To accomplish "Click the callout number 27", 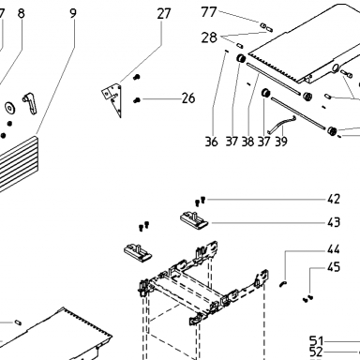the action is (x=164, y=13).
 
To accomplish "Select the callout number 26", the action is (x=188, y=98).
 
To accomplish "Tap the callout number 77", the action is (x=209, y=12).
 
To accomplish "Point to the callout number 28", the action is (x=209, y=37).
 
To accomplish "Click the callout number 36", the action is (x=211, y=142).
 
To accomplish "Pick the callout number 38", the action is (x=247, y=142).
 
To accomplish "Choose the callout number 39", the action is (x=281, y=142).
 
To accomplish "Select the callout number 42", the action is (x=334, y=199).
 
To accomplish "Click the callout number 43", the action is (x=334, y=222).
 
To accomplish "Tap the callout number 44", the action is (x=334, y=249).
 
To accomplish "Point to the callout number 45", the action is (x=334, y=267).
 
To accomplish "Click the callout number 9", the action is (x=73, y=13).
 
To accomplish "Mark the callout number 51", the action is (x=316, y=340).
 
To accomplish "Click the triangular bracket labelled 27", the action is (x=113, y=97).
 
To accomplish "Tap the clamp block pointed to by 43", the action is (x=194, y=219).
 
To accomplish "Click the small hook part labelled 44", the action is (x=282, y=283).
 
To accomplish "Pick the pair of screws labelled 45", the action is (x=307, y=298).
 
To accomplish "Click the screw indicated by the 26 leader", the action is (x=137, y=100).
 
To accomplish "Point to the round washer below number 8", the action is (x=10, y=107).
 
